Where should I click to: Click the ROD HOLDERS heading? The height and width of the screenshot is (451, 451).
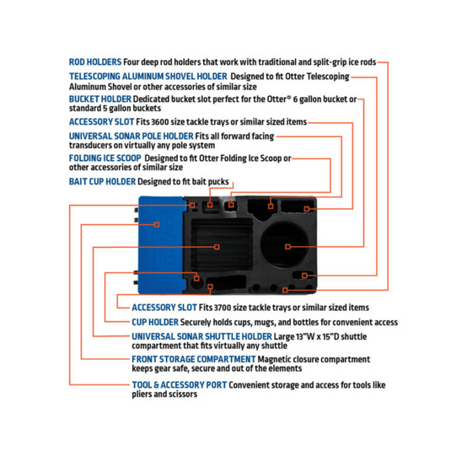(95, 62)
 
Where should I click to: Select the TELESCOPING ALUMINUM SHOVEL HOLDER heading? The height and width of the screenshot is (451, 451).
(148, 77)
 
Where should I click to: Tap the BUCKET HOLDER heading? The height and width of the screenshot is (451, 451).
(100, 99)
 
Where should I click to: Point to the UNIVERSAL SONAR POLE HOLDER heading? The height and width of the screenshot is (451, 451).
(132, 136)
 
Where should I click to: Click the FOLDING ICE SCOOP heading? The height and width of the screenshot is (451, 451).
(105, 158)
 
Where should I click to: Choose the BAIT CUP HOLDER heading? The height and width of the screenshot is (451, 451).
(102, 182)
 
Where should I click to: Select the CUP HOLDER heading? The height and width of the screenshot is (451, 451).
(155, 322)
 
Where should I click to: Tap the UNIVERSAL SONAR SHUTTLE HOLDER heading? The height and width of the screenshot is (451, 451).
(201, 336)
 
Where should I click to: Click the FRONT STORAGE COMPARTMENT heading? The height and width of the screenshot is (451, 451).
(194, 359)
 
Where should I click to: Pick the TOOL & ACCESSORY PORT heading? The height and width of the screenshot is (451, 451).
(180, 385)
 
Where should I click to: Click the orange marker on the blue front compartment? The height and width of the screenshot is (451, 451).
(157, 224)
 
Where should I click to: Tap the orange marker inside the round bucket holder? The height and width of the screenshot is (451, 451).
(287, 246)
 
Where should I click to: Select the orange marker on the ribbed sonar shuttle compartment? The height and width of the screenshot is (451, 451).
(217, 247)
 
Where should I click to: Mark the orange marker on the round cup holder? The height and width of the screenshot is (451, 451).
(196, 278)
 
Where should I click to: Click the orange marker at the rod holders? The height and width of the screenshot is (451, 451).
(285, 290)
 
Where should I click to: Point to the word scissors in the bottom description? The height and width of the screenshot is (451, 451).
(184, 394)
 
